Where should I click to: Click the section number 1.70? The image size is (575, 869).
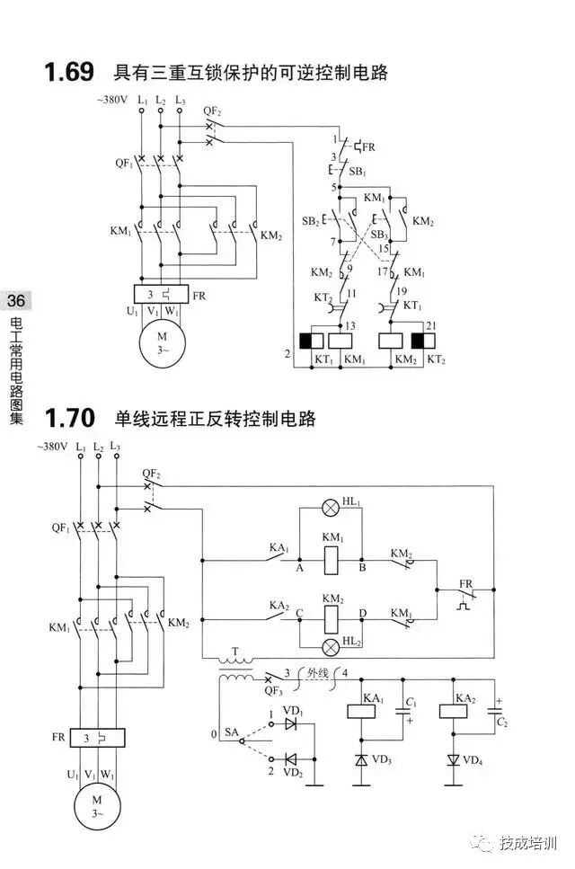pos(69,419)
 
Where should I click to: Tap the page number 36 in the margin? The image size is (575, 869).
pos(16,300)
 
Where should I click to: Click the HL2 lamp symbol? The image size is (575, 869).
pos(330,644)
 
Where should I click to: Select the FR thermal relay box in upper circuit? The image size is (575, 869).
pos(160,294)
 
